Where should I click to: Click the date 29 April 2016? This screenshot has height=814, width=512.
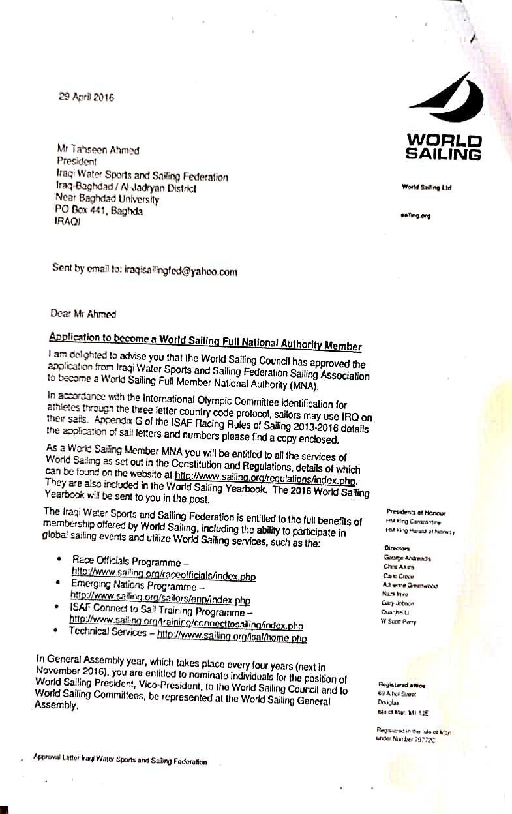pos(86,97)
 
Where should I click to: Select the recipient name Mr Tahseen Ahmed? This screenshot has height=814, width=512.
pos(98,149)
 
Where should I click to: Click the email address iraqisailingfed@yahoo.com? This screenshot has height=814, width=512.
pos(180,271)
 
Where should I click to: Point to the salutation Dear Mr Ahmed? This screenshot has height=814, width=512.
pos(83,314)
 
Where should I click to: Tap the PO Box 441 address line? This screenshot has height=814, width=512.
pos(99,211)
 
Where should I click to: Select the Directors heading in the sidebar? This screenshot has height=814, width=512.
pos(397,549)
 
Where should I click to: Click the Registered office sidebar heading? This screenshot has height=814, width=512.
pos(401,685)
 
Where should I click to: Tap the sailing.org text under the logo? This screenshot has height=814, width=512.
pos(415,215)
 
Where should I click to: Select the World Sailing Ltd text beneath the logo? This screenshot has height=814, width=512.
pos(427,188)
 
